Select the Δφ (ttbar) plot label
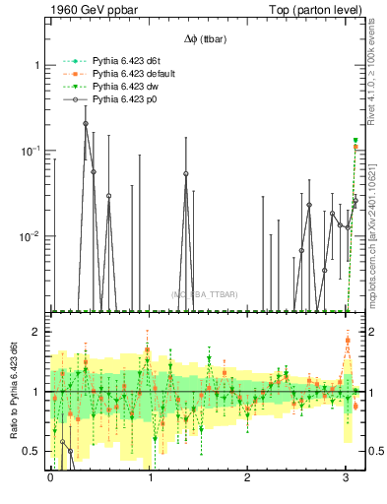[204, 38]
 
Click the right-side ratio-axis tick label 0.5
[375, 452]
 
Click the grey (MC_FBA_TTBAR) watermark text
[205, 294]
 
